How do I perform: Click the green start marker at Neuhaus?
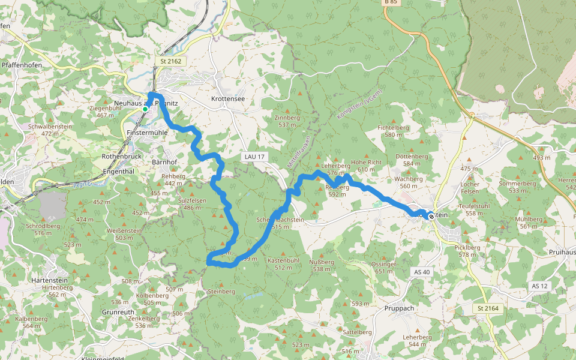coord(145,109)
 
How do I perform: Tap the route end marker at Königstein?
coord(431,217)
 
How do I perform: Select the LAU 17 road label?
coord(254,157)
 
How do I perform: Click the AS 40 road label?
coord(422,272)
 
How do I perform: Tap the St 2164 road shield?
coord(488,308)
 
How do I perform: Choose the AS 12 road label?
coord(539,286)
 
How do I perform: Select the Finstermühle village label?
coord(147,132)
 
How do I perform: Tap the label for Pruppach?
coord(399,308)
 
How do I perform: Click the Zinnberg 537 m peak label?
coord(287,121)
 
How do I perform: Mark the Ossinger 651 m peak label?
coord(383,268)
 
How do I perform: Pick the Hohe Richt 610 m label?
coord(366,166)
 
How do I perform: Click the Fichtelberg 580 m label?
coord(394,131)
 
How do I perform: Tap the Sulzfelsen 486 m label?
coord(192,203)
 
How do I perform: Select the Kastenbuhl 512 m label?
coord(283,263)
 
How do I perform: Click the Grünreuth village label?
coord(118,313)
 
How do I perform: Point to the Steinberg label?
coord(221,291)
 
